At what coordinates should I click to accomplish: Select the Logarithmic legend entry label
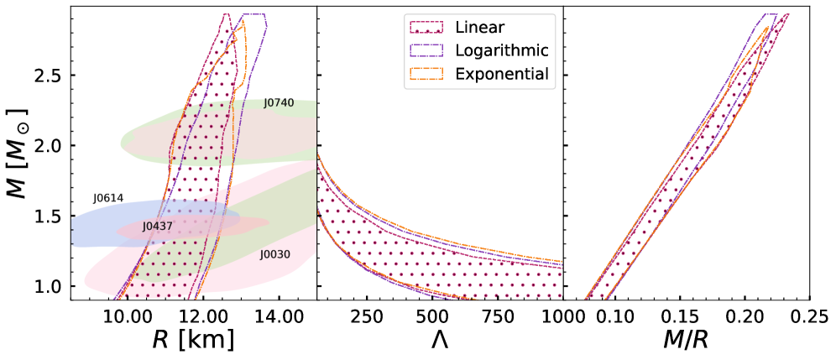coord(502,50)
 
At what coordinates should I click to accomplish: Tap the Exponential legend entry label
coord(502,74)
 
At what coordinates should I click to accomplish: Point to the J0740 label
coord(279,103)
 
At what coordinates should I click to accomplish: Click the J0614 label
coord(108,198)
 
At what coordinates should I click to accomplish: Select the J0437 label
coord(157,227)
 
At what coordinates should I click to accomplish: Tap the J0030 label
coord(274,253)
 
